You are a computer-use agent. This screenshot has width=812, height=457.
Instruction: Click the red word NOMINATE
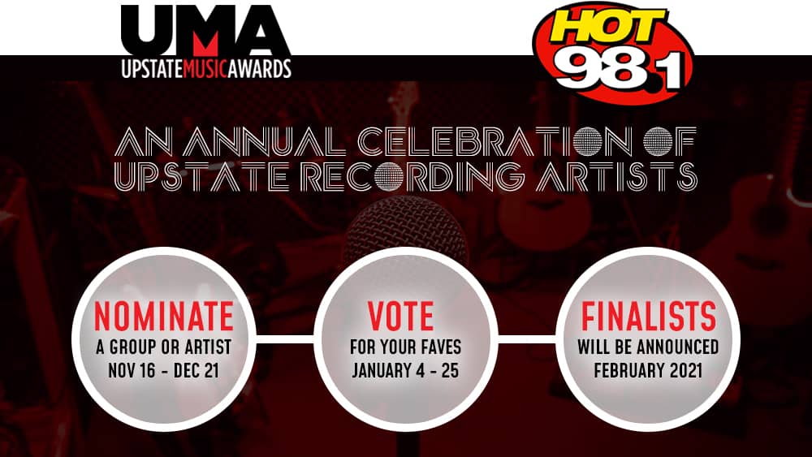point(164,317)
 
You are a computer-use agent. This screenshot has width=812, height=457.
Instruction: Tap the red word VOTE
point(400,317)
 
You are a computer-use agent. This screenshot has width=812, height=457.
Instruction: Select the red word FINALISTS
point(648,317)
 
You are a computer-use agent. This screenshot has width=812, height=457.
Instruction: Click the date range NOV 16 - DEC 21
point(164,371)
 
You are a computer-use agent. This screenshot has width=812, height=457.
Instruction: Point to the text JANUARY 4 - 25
point(405,371)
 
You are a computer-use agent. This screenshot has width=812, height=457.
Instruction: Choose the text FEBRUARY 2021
point(648,371)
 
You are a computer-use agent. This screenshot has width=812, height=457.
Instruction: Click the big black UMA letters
point(205,31)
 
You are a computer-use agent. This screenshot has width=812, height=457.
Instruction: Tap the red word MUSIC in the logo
point(205,69)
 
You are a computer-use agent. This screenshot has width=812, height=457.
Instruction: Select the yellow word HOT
point(607,26)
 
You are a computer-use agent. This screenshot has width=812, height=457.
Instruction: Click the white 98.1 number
point(622,68)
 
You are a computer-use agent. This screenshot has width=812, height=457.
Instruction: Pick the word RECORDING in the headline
point(413,176)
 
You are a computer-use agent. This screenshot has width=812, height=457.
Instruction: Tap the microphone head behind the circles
point(405,228)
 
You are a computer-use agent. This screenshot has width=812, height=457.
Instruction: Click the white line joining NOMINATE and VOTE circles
point(284,339)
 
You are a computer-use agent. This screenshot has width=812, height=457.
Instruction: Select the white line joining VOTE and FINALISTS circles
point(527,339)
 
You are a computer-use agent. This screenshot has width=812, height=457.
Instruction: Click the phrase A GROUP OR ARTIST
point(164,347)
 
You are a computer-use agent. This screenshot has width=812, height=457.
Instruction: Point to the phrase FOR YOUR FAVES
point(405,347)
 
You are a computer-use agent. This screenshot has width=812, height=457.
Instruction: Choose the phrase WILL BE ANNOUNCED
point(648,347)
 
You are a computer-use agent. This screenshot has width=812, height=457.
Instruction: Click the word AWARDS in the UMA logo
point(260,69)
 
